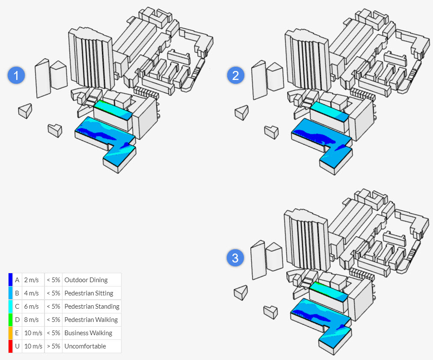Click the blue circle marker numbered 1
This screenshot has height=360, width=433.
[17, 76]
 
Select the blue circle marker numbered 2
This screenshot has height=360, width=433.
[235, 76]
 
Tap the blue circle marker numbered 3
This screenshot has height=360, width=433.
[235, 258]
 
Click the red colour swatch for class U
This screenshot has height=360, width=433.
[10, 346]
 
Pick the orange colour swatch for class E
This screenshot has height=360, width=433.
[10, 333]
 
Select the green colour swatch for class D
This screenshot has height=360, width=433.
[10, 320]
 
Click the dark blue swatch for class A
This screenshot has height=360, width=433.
[10, 280]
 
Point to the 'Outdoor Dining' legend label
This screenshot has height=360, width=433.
[86, 280]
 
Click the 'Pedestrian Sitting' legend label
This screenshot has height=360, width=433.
[89, 293]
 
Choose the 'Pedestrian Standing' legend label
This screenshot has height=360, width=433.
[92, 307]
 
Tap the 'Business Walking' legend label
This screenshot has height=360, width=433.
[88, 333]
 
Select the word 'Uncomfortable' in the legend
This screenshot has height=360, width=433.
[85, 346]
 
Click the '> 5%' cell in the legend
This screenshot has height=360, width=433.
[53, 346]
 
